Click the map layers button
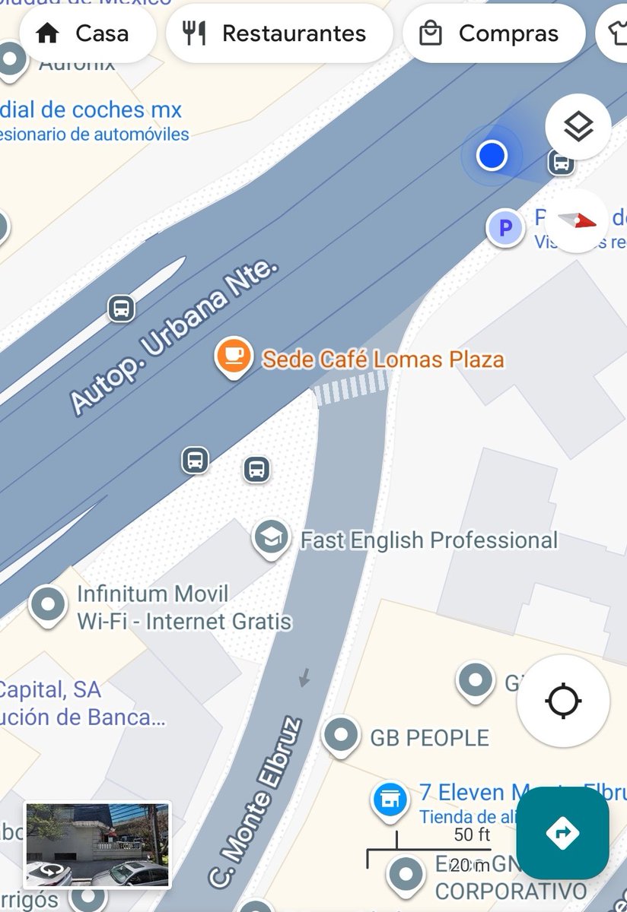pyautogui.click(x=578, y=127)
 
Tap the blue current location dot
pyautogui.click(x=492, y=156)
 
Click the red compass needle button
pyautogui.click(x=577, y=221)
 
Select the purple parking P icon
pyautogui.click(x=505, y=227)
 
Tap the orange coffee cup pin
pyautogui.click(x=234, y=356)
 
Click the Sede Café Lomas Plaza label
pyautogui.click(x=383, y=359)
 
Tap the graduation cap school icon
pyautogui.click(x=271, y=538)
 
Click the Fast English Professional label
pyautogui.click(x=429, y=540)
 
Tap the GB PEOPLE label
pyautogui.click(x=429, y=737)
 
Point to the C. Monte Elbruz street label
pyautogui.click(x=255, y=802)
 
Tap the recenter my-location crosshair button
pyautogui.click(x=563, y=701)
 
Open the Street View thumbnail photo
pyautogui.click(x=97, y=844)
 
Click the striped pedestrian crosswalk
pyautogui.click(x=352, y=388)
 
